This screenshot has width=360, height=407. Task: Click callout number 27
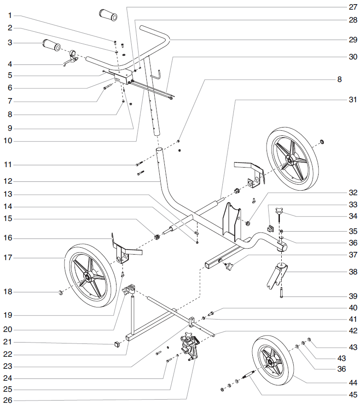click(353, 7)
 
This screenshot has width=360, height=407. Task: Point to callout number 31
click(353, 99)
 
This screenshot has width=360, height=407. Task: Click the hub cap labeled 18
click(61, 292)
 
